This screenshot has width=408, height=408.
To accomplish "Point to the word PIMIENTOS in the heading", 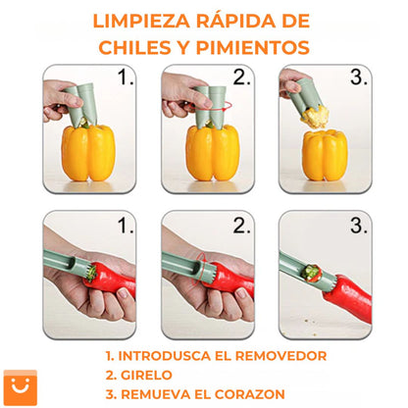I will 261,47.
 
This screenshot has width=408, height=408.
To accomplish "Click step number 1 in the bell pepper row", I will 127,78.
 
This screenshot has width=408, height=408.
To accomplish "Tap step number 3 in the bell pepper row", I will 359,78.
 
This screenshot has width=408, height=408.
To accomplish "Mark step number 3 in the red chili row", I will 359,226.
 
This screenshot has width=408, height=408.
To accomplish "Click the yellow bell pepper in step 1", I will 87,152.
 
